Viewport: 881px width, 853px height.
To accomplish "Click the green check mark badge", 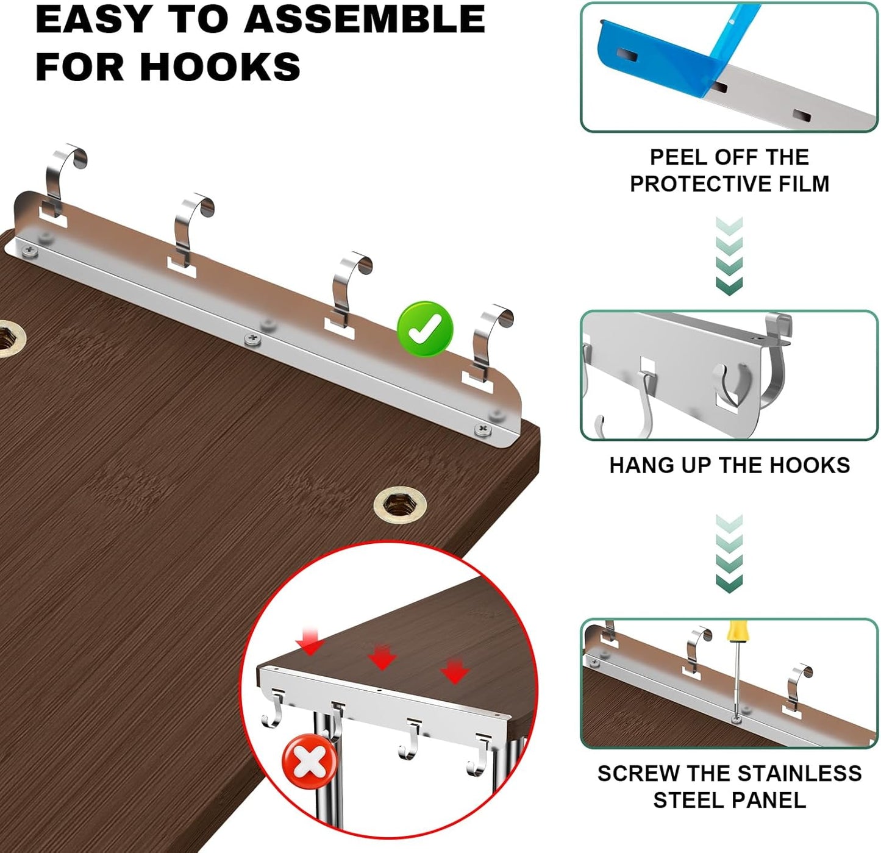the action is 425,329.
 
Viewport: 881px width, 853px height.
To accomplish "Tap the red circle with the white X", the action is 310,761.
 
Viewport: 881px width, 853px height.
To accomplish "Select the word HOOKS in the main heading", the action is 219,66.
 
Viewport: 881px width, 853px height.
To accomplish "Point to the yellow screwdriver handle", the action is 736,630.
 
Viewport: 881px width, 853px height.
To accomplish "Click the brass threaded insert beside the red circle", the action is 400,505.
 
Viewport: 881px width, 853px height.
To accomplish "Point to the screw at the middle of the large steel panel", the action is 252,338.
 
